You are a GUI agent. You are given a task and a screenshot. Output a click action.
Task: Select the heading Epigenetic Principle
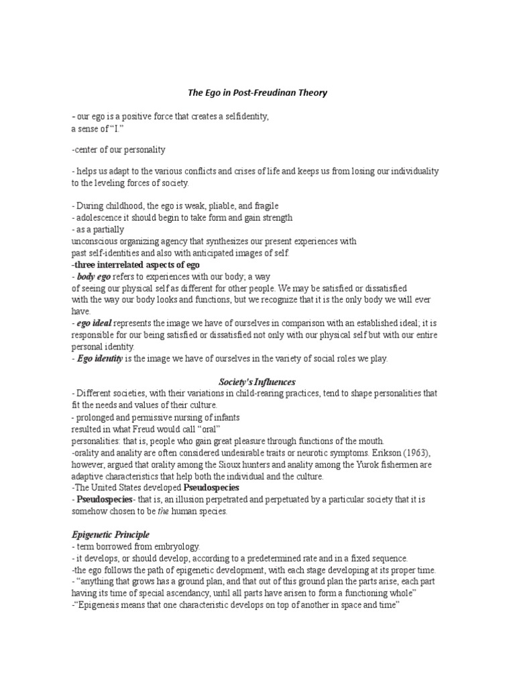pos(111,535)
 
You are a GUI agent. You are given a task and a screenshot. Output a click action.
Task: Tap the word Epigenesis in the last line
pos(102,605)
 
